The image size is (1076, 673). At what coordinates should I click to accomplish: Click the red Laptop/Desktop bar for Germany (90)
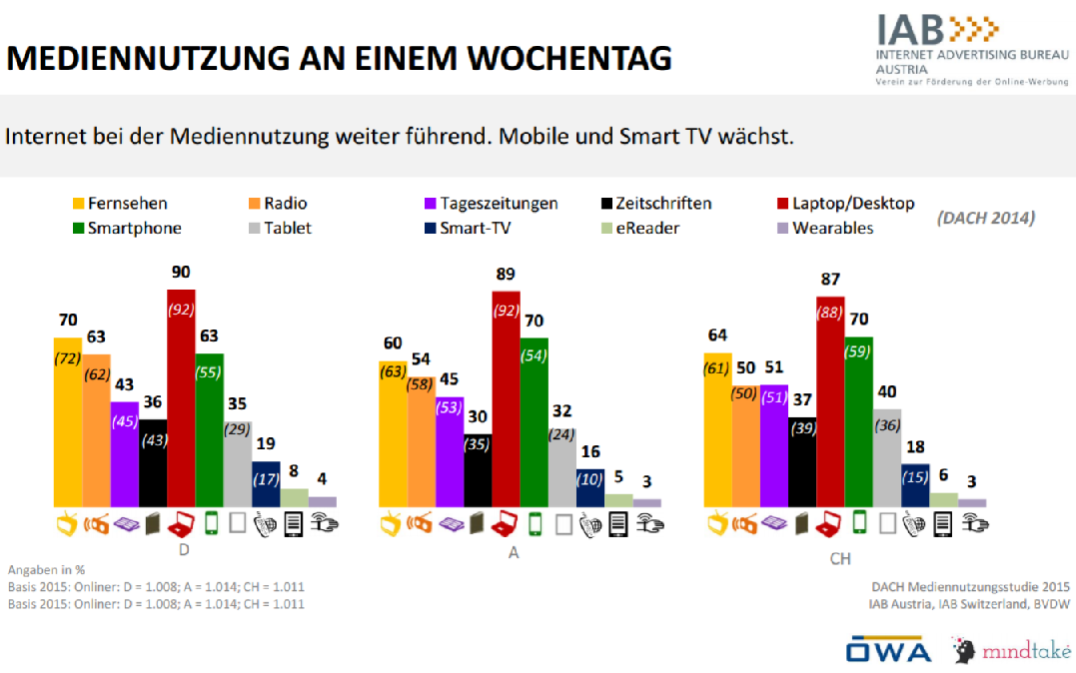point(181,399)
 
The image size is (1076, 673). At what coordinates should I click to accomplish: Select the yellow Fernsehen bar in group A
point(393,434)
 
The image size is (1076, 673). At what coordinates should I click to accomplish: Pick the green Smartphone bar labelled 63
point(210,429)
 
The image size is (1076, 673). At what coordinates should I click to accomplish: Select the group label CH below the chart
point(840,560)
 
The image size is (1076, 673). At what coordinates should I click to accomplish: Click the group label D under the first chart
point(184,549)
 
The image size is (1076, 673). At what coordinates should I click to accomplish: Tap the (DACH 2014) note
point(985,218)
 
